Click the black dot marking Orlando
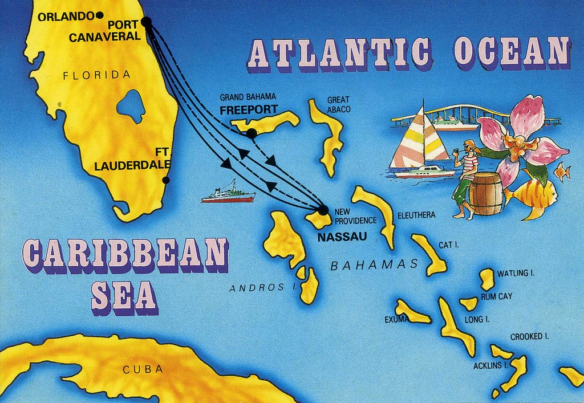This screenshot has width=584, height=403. click(x=100, y=16)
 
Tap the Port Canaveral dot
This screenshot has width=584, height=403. click(x=146, y=22)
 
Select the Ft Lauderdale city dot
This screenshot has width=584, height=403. click(x=166, y=180)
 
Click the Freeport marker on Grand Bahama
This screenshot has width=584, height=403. click(x=251, y=133)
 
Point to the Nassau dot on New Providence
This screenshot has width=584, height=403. click(x=323, y=210)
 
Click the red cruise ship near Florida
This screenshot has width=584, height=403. click(x=228, y=195)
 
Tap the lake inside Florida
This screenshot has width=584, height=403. click(x=131, y=106)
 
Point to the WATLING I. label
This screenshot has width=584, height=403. click(x=516, y=274)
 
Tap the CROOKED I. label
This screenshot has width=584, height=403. click(x=529, y=336)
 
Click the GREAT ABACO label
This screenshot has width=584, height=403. click(x=338, y=104)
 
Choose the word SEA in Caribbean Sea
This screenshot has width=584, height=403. click(x=124, y=295)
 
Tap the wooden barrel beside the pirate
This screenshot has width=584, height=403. click(x=486, y=194)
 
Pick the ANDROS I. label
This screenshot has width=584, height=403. click(x=259, y=288)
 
